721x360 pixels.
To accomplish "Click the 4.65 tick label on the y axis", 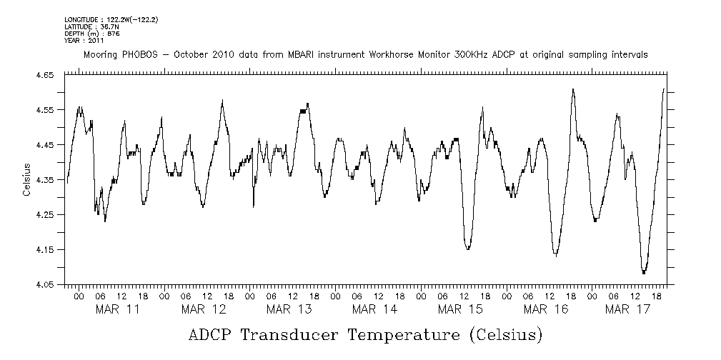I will point(45,74).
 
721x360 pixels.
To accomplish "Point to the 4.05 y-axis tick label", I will point(45,284).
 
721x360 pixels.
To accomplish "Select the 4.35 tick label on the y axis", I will point(45,179).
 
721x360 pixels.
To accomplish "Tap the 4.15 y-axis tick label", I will point(45,249).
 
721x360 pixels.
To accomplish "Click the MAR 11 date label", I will point(117,309).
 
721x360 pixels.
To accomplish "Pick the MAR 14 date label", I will point(374,309).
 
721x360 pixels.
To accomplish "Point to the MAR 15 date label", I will point(460,309).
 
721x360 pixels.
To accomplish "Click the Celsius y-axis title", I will point(26,180).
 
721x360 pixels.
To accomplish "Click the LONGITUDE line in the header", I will point(111,19).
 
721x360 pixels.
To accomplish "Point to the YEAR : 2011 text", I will point(84,41).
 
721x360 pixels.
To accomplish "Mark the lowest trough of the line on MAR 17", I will point(644,273).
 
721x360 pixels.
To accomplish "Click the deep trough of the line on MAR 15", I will point(468,249).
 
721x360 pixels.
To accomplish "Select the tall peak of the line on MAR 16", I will point(573,89).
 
